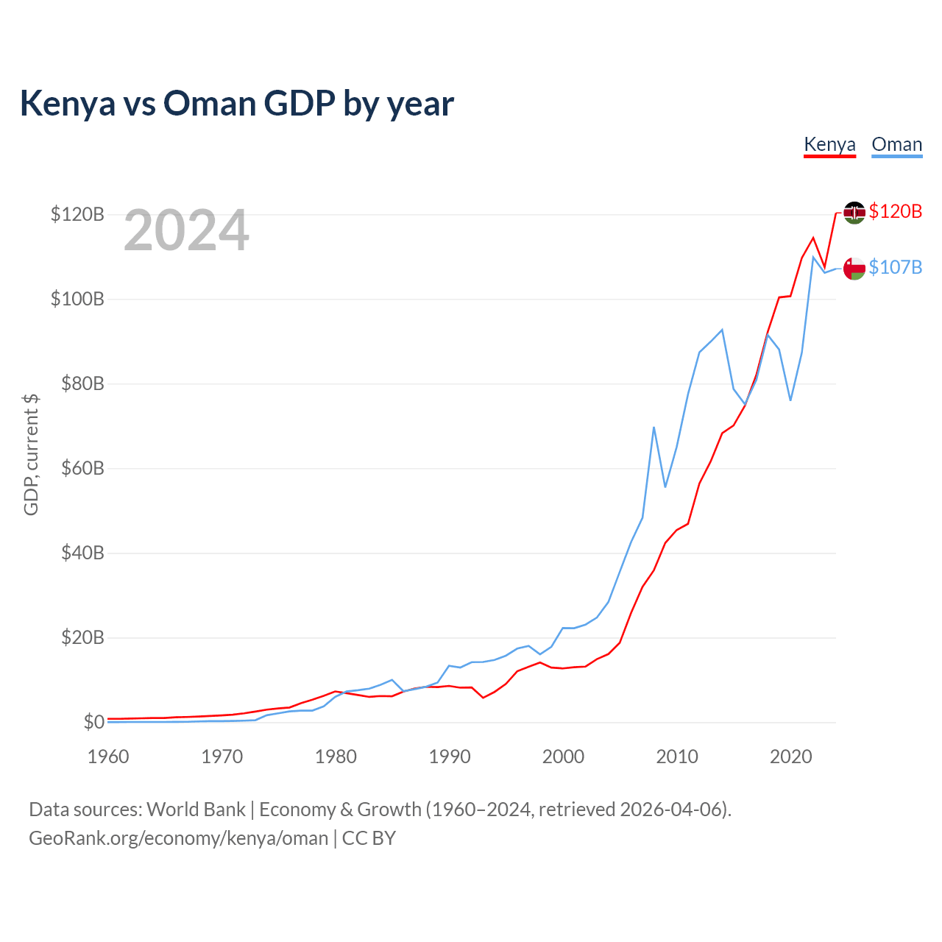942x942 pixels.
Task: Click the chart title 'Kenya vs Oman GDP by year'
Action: (x=236, y=103)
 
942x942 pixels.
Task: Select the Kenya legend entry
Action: (x=829, y=145)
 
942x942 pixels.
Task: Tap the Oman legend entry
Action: (x=896, y=145)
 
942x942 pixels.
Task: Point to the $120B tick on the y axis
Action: (x=77, y=214)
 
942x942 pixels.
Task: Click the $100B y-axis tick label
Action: (x=77, y=299)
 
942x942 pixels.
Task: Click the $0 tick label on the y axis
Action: (x=93, y=722)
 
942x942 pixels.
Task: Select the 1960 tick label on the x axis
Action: (x=108, y=757)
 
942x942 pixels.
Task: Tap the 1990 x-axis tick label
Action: (x=450, y=757)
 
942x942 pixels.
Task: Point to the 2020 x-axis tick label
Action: (x=790, y=757)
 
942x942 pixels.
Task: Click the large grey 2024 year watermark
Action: (x=186, y=230)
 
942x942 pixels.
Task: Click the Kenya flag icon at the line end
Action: (x=854, y=213)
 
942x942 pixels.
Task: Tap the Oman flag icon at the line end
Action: (x=854, y=268)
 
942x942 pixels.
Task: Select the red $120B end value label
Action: (x=895, y=211)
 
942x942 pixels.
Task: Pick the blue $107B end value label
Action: (x=895, y=267)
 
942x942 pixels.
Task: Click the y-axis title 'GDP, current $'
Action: (x=31, y=454)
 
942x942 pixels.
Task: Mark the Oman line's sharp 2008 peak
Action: (x=654, y=428)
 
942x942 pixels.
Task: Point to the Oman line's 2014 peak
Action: (x=722, y=330)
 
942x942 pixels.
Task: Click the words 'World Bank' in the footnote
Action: (x=196, y=810)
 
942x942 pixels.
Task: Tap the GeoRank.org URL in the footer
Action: (x=178, y=838)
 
